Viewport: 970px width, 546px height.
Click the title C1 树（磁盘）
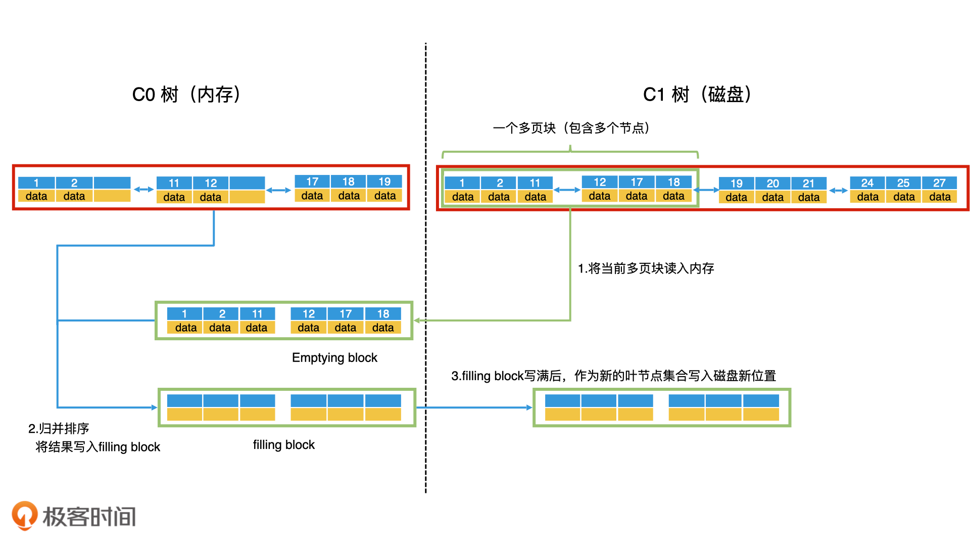[x=697, y=95]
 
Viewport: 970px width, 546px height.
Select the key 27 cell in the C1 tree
[x=939, y=183]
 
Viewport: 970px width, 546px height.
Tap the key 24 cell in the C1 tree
[x=867, y=183]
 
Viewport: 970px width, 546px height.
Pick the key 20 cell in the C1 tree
[x=772, y=184]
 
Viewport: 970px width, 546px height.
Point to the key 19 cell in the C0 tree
[x=384, y=181]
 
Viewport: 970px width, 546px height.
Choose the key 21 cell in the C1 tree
[x=808, y=184]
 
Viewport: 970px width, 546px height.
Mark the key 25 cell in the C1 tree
[x=903, y=183]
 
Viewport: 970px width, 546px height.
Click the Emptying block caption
[x=334, y=358]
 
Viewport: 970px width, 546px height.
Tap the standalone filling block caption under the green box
[x=283, y=445]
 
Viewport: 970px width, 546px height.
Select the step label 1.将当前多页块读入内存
[x=646, y=268]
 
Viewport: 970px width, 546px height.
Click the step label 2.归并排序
[x=59, y=429]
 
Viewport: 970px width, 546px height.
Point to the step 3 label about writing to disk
[x=613, y=376]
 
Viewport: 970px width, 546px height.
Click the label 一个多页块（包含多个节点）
[x=571, y=128]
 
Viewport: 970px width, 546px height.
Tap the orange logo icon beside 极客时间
[x=24, y=515]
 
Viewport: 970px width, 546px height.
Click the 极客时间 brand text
[x=89, y=517]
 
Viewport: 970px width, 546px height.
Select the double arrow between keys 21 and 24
[x=838, y=191]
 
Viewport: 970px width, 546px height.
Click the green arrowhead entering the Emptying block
[x=417, y=321]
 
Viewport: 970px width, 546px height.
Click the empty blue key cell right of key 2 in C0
[x=112, y=183]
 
